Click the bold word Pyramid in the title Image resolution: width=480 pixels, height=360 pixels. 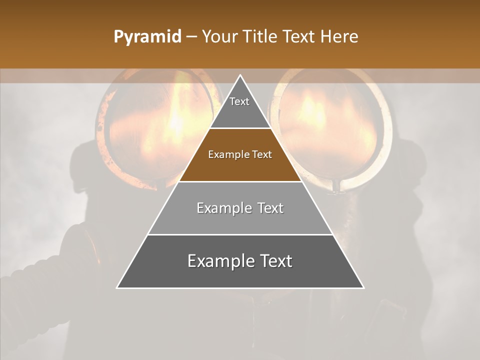[x=147, y=37]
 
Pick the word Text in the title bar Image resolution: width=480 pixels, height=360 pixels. [x=299, y=37]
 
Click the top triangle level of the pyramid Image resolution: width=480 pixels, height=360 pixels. [x=240, y=107]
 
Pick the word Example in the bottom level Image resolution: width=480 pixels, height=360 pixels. [x=218, y=261]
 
